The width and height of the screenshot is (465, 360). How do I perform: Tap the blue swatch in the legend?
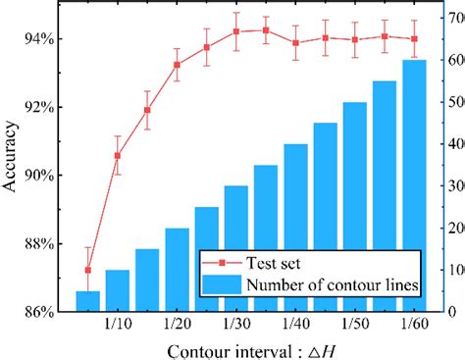[221, 285]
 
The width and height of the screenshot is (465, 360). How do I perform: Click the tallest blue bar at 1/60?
[414, 186]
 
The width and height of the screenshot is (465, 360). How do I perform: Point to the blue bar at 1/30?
[236, 249]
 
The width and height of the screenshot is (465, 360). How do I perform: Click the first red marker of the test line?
[88, 270]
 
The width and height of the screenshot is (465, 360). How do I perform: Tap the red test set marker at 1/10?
[118, 155]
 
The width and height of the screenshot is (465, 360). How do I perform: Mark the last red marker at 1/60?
[414, 39]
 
